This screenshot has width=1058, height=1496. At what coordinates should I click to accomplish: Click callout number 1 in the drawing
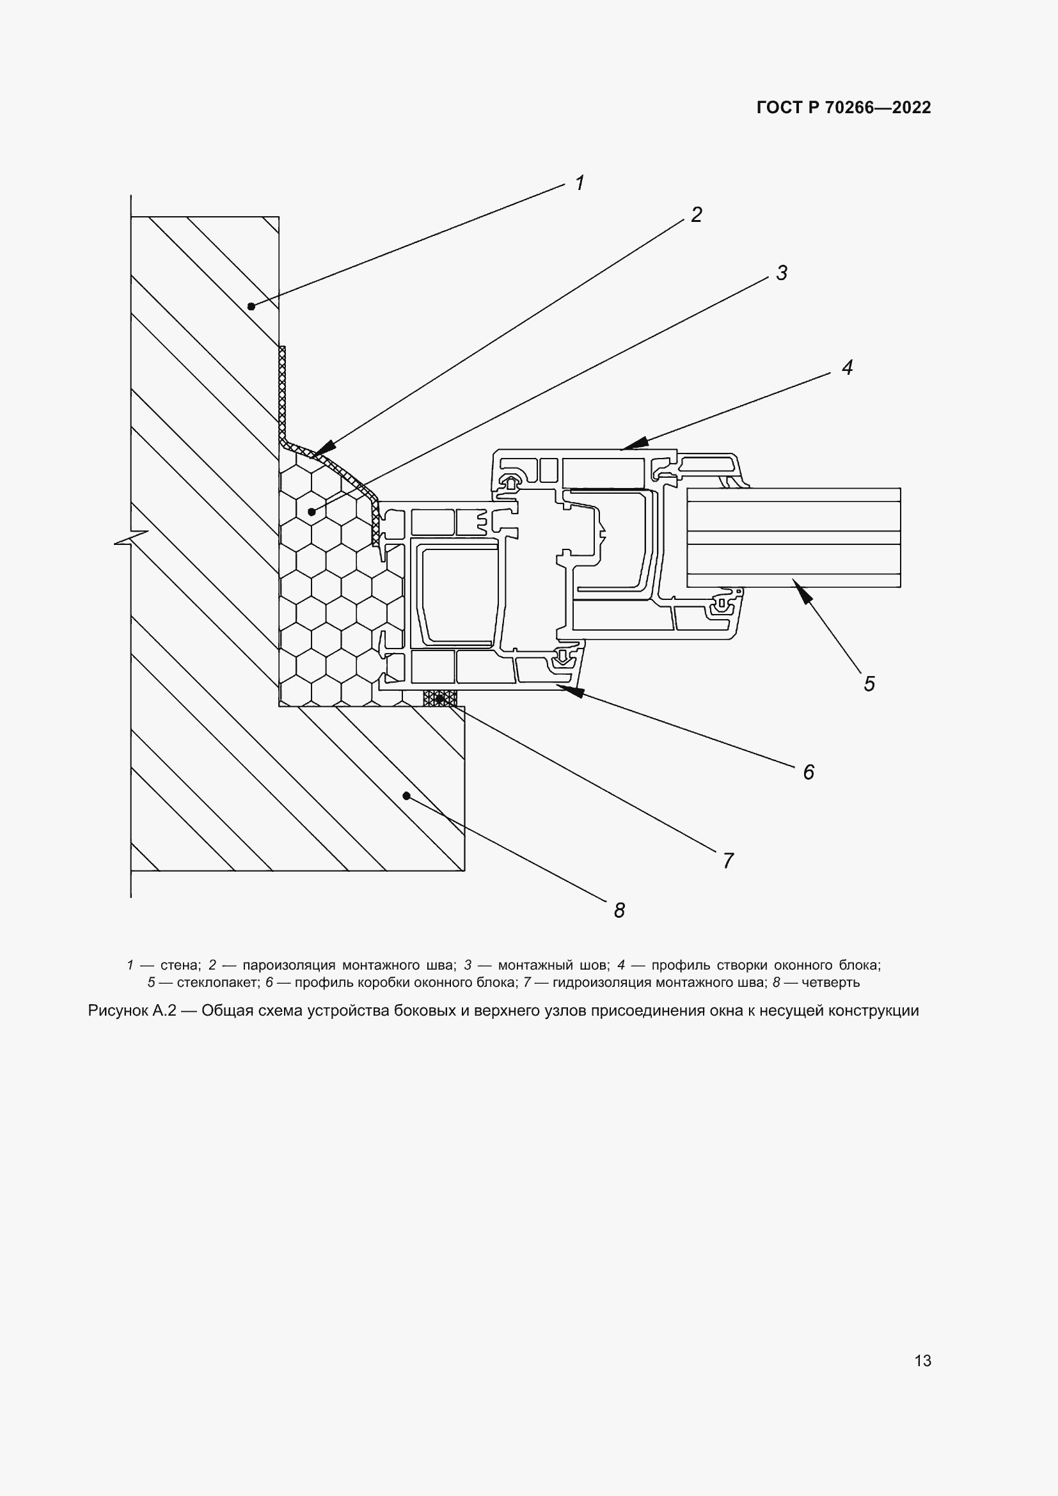coord(579,183)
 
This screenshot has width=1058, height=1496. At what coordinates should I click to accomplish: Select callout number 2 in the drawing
coord(696,215)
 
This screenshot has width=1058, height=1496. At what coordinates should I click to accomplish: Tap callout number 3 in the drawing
coord(781,273)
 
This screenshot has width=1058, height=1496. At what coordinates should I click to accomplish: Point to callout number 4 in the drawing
coord(847,368)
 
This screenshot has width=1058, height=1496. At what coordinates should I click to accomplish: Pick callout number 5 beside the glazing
coord(869,684)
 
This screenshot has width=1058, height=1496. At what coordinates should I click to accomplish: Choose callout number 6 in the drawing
coord(808,772)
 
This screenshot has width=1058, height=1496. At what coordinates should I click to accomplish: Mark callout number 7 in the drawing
coord(729,861)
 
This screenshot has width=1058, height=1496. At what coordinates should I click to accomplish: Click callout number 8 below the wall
coord(619,910)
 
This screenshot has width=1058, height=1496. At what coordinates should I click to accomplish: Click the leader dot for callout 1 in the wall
coord(251,306)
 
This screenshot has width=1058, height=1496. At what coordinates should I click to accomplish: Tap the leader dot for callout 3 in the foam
coord(312,512)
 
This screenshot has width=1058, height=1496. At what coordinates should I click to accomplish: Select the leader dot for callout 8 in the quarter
coord(406,796)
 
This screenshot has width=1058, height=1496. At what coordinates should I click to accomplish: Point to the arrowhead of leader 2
coord(324,449)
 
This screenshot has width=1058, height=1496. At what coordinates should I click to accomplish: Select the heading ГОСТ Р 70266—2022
coord(844,108)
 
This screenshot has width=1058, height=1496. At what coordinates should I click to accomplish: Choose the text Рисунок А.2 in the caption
coord(132,1011)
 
